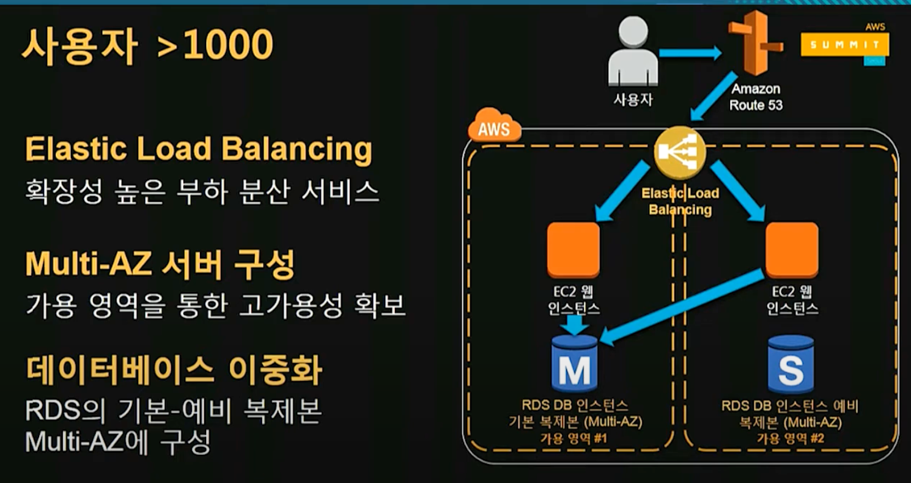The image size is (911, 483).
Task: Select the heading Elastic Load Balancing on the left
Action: [x=199, y=150]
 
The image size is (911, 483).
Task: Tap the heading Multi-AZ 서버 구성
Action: [x=160, y=264]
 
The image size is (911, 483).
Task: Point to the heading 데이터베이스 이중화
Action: [x=174, y=370]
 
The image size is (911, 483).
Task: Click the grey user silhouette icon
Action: [x=633, y=54]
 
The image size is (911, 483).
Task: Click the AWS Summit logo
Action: [x=845, y=45]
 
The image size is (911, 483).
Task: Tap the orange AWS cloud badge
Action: [x=493, y=127]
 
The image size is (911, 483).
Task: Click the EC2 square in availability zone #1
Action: [x=573, y=249]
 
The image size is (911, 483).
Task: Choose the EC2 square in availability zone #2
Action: [x=792, y=249]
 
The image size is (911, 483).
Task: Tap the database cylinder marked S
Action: [x=791, y=364]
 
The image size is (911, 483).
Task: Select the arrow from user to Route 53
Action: [x=691, y=54]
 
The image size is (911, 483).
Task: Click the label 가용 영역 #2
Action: [x=790, y=438]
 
